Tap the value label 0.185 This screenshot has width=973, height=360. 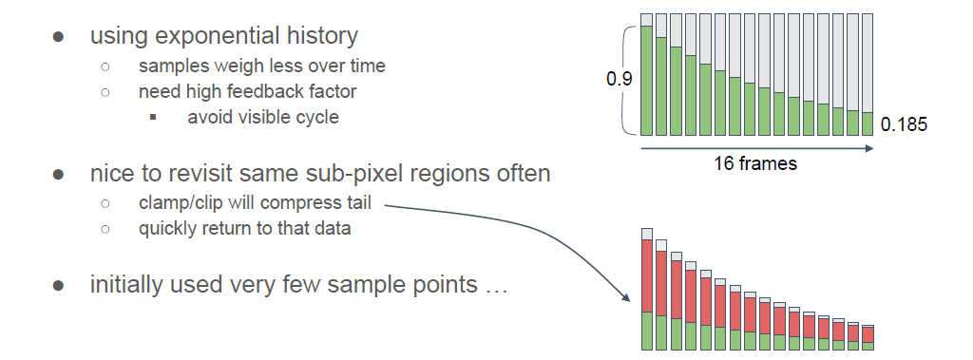click(905, 124)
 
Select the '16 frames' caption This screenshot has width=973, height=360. click(754, 164)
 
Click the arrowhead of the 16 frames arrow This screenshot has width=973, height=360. click(868, 148)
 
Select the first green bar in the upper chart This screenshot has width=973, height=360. click(646, 81)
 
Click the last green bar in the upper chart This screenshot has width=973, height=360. click(868, 124)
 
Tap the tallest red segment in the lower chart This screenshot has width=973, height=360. click(647, 276)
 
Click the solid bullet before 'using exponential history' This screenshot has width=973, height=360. click(58, 37)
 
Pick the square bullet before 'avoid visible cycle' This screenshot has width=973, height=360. click(153, 117)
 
